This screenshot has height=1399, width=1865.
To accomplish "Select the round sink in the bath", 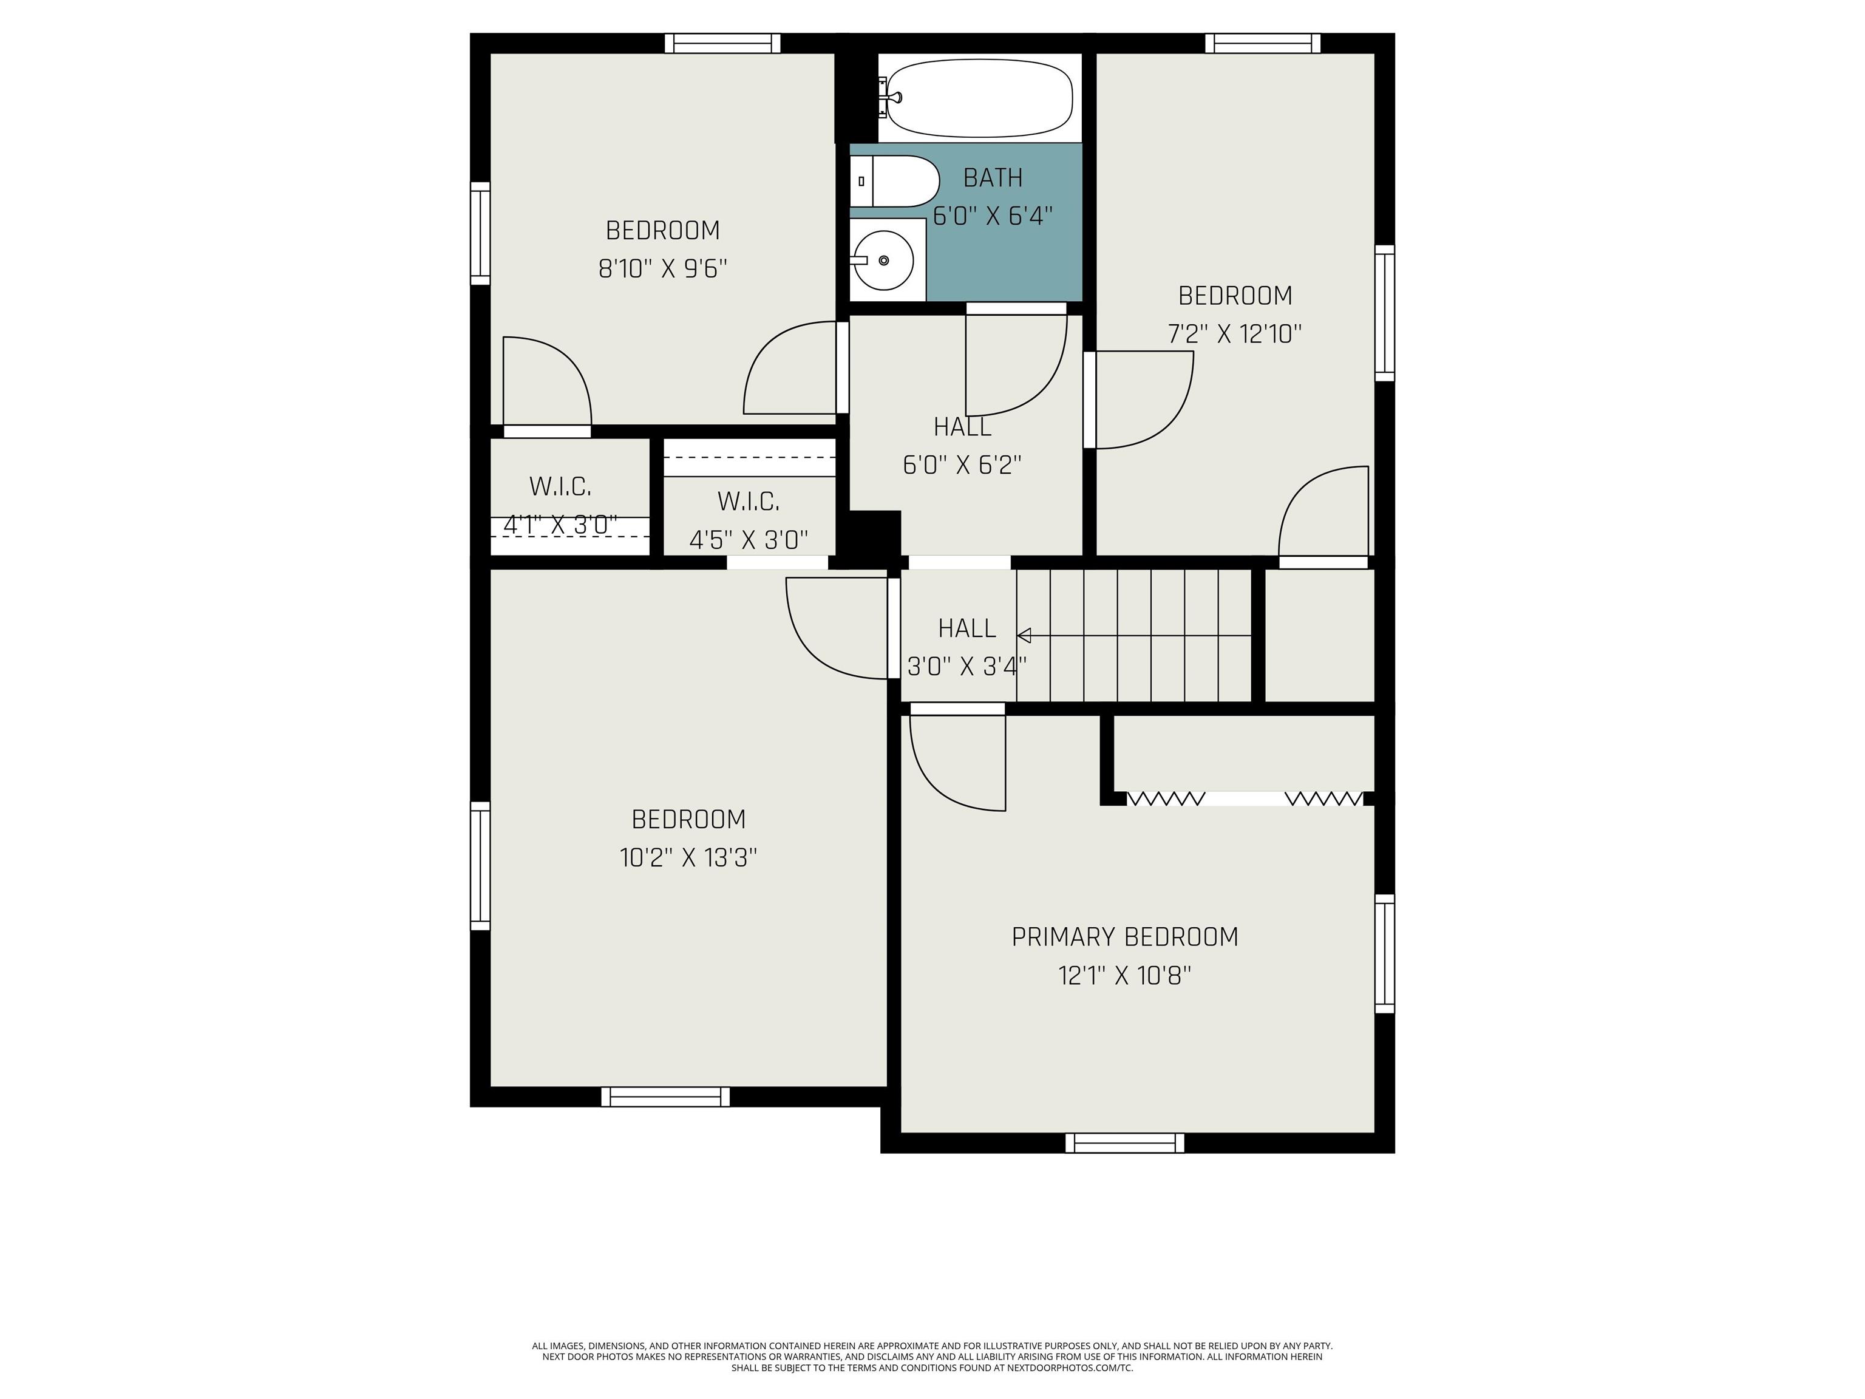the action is (883, 260).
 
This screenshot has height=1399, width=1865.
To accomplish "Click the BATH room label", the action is (993, 178).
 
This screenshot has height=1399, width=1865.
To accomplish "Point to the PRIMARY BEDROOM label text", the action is (1125, 937).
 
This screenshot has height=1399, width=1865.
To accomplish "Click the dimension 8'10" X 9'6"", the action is (663, 269).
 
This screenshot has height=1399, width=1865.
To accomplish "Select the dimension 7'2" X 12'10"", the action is (1234, 334).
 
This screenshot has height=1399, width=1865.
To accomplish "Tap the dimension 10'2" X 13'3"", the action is (688, 857).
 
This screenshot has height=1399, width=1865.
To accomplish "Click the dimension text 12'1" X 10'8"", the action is (1125, 976).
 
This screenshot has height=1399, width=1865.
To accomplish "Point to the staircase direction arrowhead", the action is (1024, 635).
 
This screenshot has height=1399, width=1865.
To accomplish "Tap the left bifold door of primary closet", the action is (1165, 798).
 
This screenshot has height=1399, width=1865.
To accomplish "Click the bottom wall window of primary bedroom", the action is (1125, 1143).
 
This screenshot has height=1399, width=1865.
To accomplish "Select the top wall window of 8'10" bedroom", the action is (722, 43).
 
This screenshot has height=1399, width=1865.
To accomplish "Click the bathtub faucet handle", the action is (883, 97).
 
